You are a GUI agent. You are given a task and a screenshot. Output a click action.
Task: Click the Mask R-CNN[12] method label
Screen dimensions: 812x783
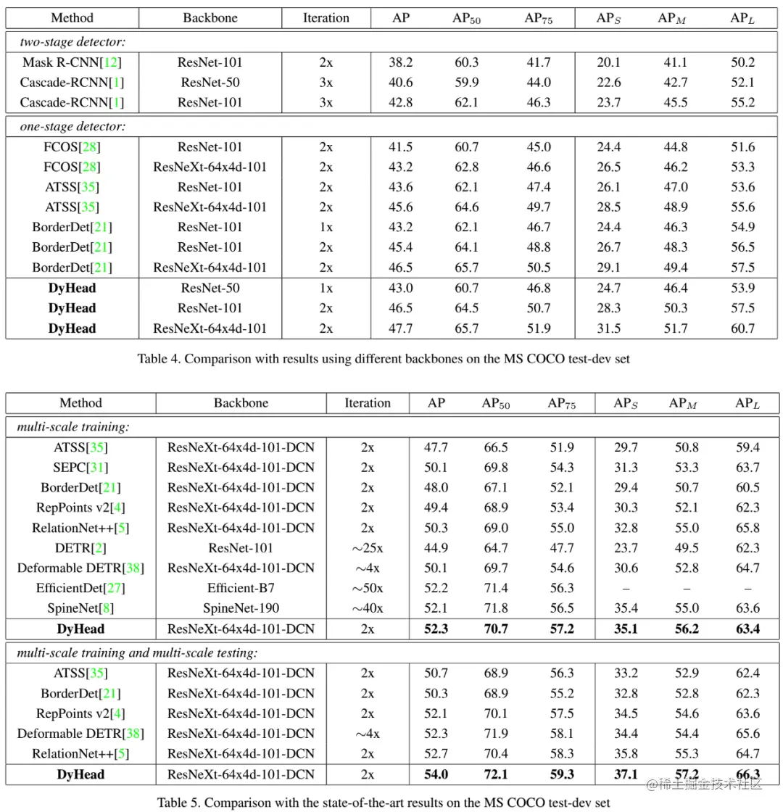[72, 62]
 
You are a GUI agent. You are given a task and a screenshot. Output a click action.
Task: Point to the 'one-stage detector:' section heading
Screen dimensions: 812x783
[72, 126]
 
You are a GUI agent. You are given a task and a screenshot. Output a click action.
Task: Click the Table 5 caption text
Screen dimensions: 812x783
[383, 803]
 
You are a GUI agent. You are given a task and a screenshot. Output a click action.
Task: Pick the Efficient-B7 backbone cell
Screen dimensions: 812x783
[241, 588]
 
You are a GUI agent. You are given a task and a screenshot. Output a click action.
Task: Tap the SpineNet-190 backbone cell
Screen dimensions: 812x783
[241, 608]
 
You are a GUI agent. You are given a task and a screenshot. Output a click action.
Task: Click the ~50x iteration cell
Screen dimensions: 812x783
[368, 588]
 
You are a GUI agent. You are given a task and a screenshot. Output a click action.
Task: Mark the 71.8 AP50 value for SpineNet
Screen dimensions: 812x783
[496, 608]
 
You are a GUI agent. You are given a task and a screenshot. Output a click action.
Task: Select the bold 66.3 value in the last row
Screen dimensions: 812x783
[747, 774]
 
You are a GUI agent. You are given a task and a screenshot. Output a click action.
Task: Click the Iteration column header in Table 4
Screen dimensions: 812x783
[326, 17]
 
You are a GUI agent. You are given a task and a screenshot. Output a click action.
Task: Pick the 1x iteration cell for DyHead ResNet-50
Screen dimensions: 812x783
[326, 288]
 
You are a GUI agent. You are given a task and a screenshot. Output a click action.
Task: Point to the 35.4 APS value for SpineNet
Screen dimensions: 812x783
[626, 608]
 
